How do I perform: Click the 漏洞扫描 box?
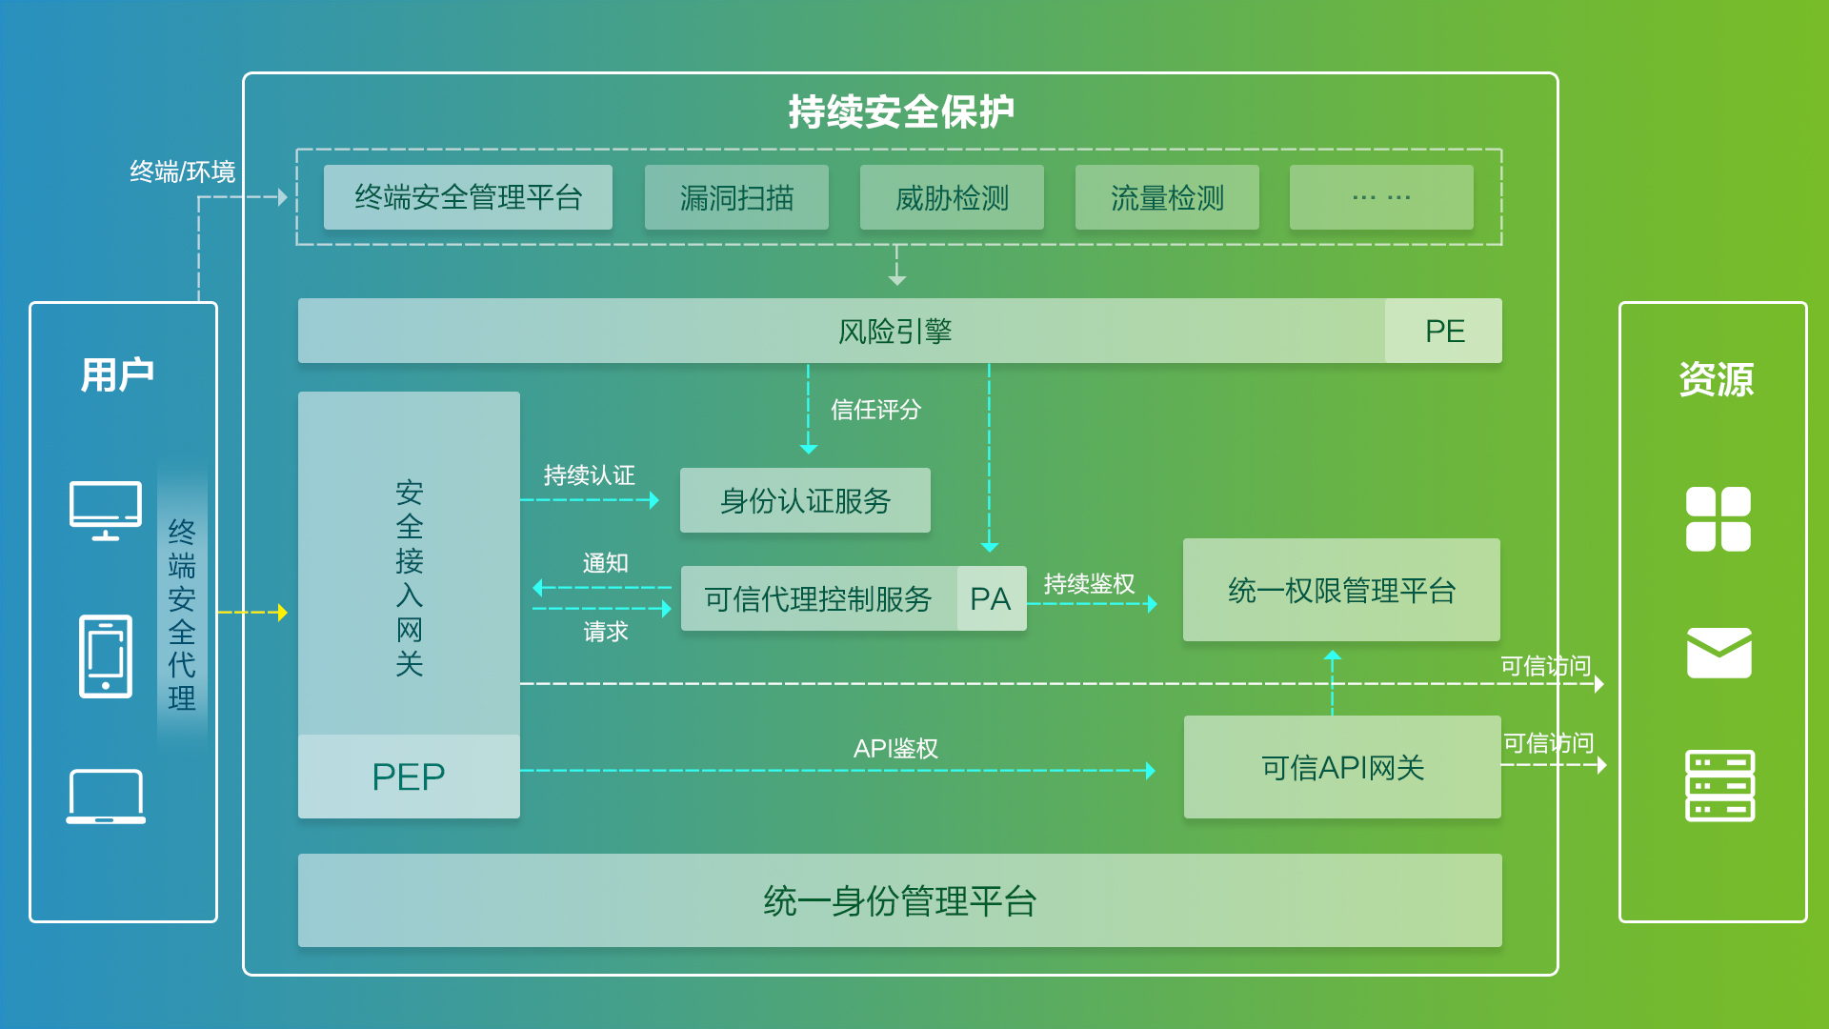[x=736, y=197]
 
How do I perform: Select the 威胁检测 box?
[x=952, y=197]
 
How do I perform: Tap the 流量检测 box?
[x=1167, y=197]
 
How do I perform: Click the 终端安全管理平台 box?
[x=468, y=197]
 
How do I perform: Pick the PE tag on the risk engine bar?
[x=1444, y=331]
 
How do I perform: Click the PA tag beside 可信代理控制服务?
[x=991, y=598]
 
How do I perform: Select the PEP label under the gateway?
[x=409, y=777]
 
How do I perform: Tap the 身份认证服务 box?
[x=805, y=500]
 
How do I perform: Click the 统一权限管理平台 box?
[x=1341, y=590]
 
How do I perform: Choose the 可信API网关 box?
[x=1342, y=767]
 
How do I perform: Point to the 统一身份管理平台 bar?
[x=899, y=900]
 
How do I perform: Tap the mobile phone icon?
[x=106, y=656]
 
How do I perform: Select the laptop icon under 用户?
[x=106, y=796]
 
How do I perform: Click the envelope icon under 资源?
[x=1718, y=653]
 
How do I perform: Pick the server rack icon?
[x=1719, y=786]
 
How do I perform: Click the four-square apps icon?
[x=1718, y=519]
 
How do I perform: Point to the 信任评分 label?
[x=875, y=410]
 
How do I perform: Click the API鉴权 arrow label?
[x=895, y=749]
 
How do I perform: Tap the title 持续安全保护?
[x=900, y=111]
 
